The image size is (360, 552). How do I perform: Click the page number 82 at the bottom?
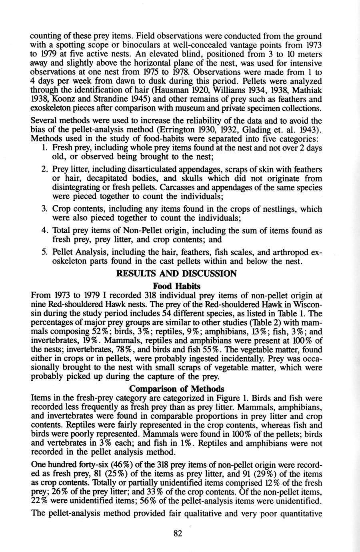click(178, 533)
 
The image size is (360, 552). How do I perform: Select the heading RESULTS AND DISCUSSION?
click(176, 274)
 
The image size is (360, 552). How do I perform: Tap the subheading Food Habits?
click(176, 286)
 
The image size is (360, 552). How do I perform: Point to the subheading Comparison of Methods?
click(177, 389)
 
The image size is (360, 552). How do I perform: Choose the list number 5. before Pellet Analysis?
click(45, 253)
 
